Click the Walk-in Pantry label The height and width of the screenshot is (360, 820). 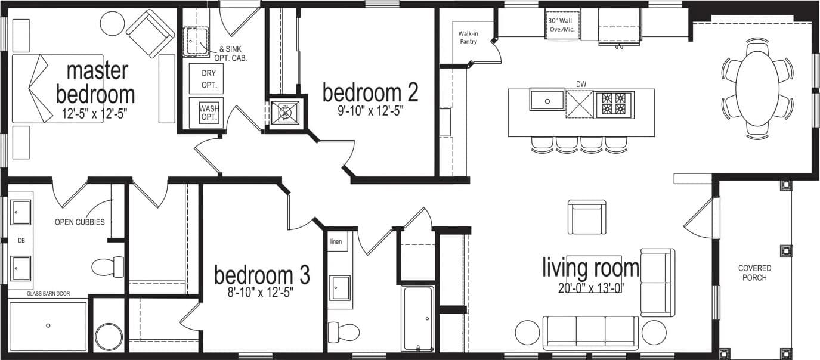(x=468, y=38)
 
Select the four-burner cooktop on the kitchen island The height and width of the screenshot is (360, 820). (x=614, y=104)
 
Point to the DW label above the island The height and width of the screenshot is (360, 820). (x=581, y=83)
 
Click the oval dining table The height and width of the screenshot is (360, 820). (x=757, y=88)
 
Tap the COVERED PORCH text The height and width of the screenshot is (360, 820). (x=754, y=273)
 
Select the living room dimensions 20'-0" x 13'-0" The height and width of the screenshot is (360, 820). (x=590, y=289)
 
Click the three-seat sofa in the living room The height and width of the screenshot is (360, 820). (x=590, y=333)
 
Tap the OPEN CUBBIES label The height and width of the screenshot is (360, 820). (x=80, y=222)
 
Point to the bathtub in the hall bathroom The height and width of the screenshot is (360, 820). (x=419, y=319)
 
